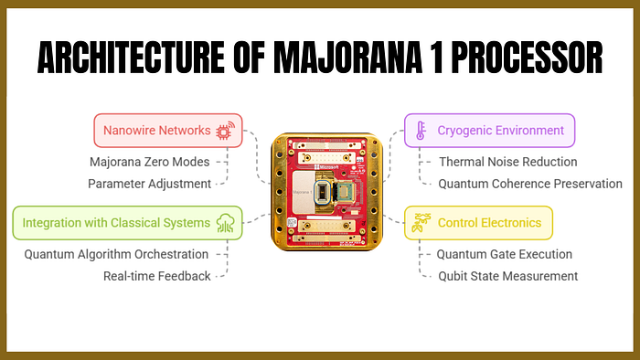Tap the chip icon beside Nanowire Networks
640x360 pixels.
(223, 131)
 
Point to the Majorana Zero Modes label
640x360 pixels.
(149, 162)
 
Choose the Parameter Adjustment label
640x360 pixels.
(149, 184)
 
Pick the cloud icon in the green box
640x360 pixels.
(225, 223)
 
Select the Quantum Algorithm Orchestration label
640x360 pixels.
(116, 254)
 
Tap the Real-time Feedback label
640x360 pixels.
(156, 276)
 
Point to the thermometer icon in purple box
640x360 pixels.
(421, 131)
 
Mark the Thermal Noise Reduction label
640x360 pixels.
(507, 162)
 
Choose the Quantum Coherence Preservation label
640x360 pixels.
(530, 184)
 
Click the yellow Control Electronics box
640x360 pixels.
(478, 223)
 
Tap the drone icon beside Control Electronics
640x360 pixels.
(421, 223)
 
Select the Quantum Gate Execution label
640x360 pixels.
(504, 254)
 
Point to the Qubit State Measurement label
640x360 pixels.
(507, 276)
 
